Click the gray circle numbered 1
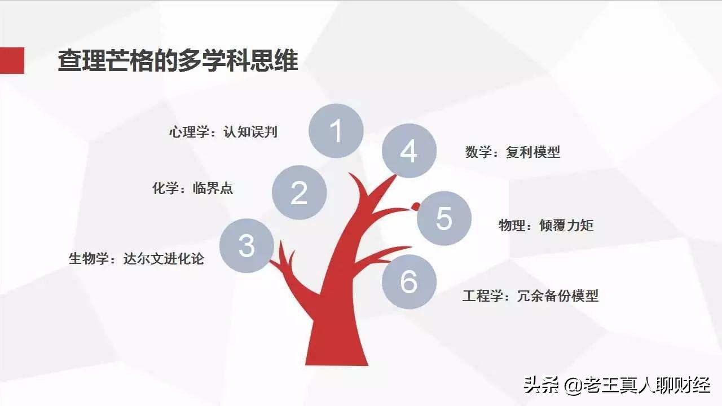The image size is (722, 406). [x=336, y=131]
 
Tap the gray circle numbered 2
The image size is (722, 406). [x=299, y=193]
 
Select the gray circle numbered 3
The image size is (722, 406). [x=246, y=246]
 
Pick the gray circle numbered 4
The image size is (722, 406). [x=409, y=151]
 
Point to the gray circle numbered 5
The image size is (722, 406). [x=444, y=218]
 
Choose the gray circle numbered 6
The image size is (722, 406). [x=409, y=281]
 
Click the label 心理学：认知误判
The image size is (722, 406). [x=223, y=133]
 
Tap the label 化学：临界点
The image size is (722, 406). [x=192, y=188]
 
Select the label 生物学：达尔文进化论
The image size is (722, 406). [x=137, y=259]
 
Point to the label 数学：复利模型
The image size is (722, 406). [x=513, y=152]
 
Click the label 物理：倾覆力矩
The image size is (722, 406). [x=546, y=226]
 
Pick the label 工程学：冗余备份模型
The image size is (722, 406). [x=530, y=295]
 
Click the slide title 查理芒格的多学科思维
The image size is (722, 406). [x=178, y=61]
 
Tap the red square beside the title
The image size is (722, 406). [x=12, y=61]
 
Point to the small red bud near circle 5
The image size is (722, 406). [x=416, y=206]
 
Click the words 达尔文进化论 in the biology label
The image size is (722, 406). [x=164, y=259]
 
